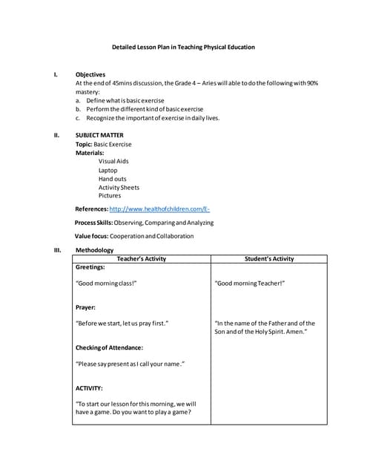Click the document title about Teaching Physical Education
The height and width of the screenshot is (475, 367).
click(x=183, y=47)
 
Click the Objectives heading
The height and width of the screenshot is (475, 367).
click(x=90, y=74)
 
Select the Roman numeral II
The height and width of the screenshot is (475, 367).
click(x=56, y=135)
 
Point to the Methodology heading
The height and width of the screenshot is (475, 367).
click(x=94, y=250)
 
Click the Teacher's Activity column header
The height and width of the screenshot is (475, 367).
click(x=142, y=259)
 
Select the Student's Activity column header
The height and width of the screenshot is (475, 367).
click(x=269, y=259)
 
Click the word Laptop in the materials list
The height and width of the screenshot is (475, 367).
click(x=108, y=170)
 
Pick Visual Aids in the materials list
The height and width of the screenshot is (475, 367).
click(x=113, y=161)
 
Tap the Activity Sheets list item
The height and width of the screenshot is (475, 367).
click(x=119, y=188)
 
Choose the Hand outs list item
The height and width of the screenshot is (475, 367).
click(x=113, y=179)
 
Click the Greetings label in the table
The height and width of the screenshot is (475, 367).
click(x=90, y=267)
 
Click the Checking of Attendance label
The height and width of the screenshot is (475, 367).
click(x=109, y=347)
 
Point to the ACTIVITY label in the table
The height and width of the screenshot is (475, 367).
click(x=90, y=387)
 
